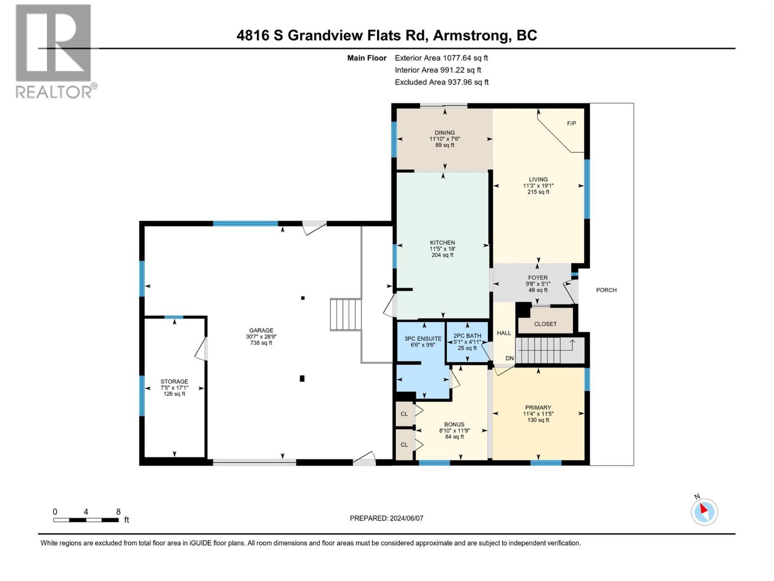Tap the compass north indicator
tap(704, 511)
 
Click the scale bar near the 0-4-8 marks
tap(86, 520)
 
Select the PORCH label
tap(606, 290)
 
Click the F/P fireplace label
tap(571, 123)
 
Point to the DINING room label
tap(444, 133)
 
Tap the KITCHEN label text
tap(442, 243)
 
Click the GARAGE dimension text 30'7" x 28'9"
tap(261, 336)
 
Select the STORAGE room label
tap(174, 382)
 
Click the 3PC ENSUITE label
tap(423, 338)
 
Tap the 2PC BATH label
tap(467, 336)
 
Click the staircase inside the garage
tap(346, 315)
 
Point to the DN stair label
tap(509, 358)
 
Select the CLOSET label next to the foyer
tap(545, 324)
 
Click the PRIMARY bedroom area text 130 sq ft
tap(538, 420)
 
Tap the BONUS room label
tap(454, 424)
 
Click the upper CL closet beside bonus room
tap(404, 414)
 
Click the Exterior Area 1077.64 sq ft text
tap(441, 58)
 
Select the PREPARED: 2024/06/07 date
tap(386, 518)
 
